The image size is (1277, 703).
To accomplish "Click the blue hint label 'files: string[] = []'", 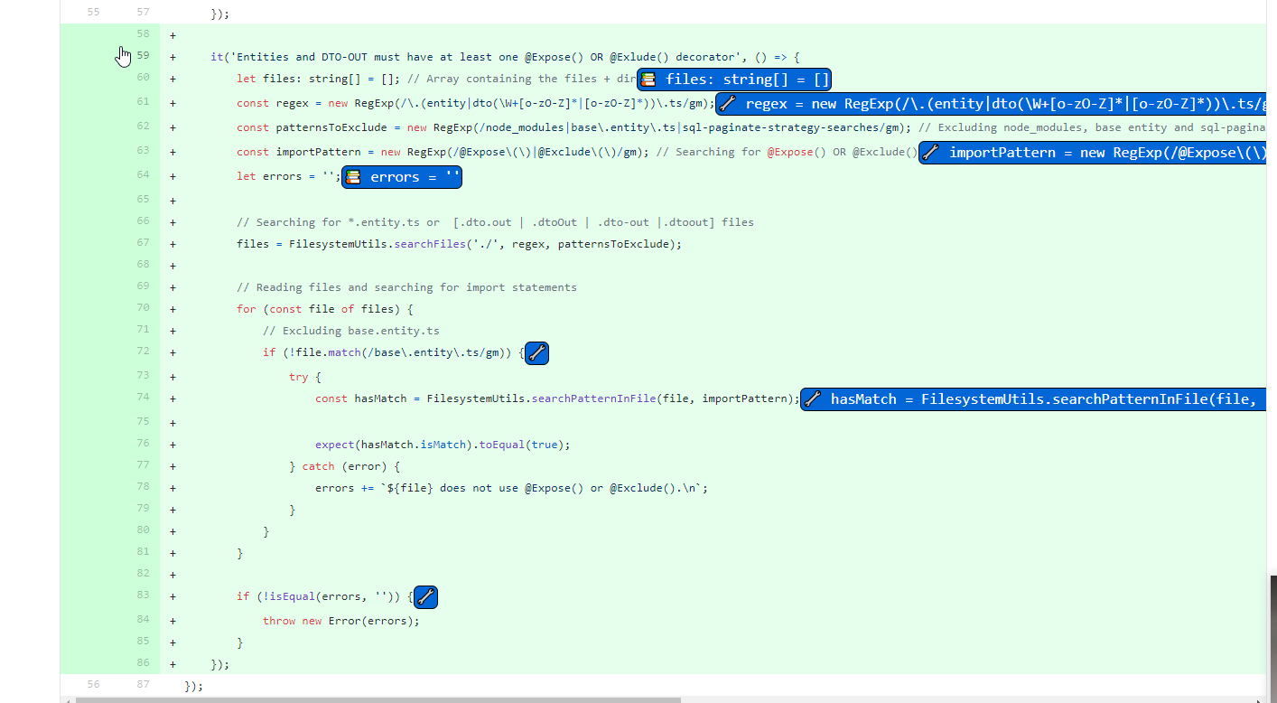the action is click(733, 80).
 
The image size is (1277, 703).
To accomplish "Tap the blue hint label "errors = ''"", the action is click(402, 177).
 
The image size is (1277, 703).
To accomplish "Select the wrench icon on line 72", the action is click(536, 353).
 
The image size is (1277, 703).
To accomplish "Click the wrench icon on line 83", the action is click(425, 597).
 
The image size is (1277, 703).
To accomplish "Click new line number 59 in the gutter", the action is click(144, 56).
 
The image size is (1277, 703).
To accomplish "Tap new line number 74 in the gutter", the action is click(144, 398).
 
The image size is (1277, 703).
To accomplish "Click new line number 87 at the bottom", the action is click(144, 685).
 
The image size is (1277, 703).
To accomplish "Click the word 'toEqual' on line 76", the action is click(502, 445).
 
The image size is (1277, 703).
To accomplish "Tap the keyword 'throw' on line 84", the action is click(279, 621).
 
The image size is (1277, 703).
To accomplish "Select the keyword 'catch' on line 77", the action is click(318, 466).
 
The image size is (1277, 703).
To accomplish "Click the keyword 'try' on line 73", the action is click(298, 377).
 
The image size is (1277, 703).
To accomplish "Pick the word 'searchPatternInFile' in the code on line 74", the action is click(593, 398).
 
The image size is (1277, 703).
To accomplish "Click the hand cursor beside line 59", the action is click(124, 57).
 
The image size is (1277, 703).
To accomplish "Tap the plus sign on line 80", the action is click(172, 531).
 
